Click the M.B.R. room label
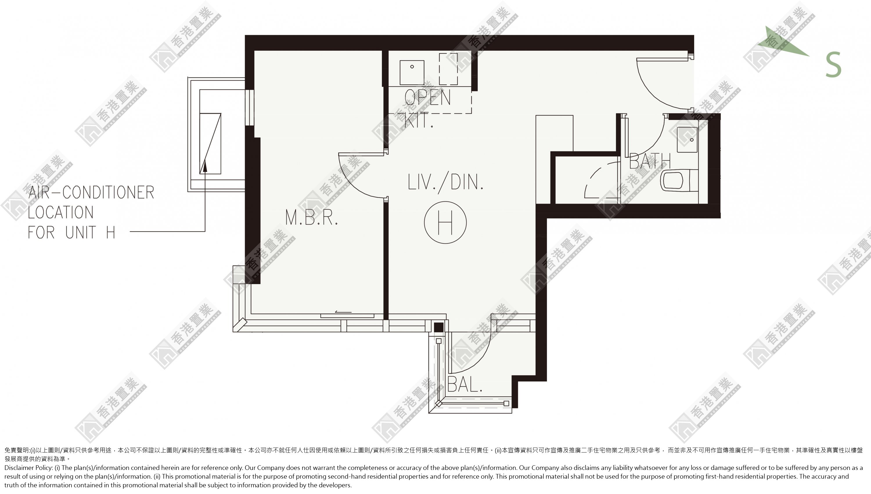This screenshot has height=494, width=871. click(x=312, y=218)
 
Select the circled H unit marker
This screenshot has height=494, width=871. click(x=445, y=222)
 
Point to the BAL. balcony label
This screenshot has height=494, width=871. click(x=465, y=384)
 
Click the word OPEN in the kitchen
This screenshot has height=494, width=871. click(x=428, y=97)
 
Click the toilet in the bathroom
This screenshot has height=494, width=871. click(x=679, y=181)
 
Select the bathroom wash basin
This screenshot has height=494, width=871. click(x=687, y=140)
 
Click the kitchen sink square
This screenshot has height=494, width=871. click(x=412, y=73)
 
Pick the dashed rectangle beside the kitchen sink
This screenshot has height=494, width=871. click(x=448, y=69)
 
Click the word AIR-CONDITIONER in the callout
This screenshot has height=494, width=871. click(x=91, y=192)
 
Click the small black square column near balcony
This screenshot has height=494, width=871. click(x=439, y=327)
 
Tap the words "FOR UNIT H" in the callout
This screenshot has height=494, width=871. click(x=72, y=232)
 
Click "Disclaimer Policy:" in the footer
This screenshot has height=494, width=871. click(x=28, y=468)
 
